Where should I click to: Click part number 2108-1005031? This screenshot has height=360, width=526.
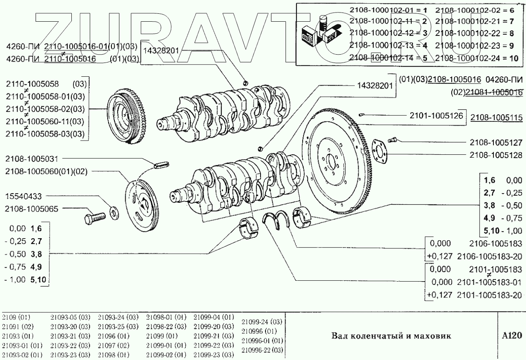(33, 159)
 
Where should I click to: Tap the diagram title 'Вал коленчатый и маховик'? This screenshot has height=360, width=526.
(391, 336)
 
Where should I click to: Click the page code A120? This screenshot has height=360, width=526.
(511, 335)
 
